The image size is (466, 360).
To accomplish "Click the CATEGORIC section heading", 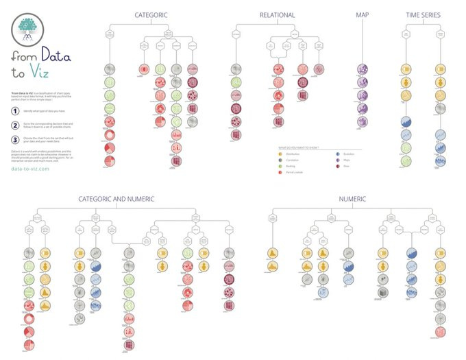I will coord(151,14).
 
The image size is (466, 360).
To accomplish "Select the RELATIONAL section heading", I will coord(277,14).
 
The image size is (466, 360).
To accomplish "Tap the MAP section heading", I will coord(363,14).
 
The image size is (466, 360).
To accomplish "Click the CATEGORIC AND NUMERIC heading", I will coord(116,199).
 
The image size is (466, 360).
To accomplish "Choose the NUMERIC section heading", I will coord(352,199).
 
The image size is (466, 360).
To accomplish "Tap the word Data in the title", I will coord(56,56).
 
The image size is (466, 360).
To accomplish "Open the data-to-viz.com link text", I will coord(31,169).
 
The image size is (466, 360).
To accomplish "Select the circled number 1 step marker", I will coord(15,110).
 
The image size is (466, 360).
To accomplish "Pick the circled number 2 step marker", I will coord(15,125).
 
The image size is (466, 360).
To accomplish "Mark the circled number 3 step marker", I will coord(15,139).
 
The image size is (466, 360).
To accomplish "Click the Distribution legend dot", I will coord(281,154).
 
